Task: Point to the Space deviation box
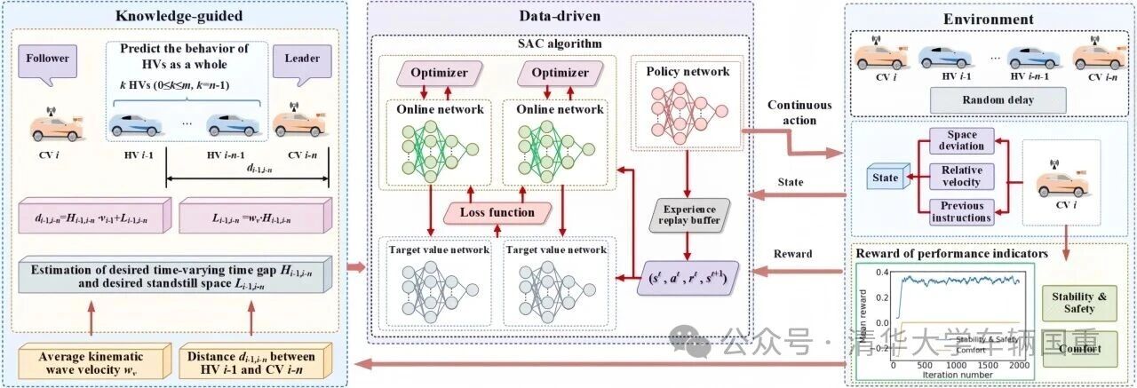coord(961,141)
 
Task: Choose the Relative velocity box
coord(961,177)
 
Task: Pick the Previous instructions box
coord(961,211)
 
